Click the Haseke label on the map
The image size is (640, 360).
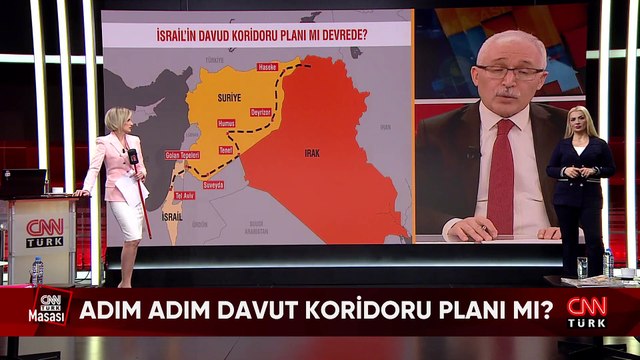pos(267,67)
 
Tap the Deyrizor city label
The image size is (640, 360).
pos(261,112)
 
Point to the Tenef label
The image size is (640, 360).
pos(225,150)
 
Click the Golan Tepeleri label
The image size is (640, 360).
pos(182,155)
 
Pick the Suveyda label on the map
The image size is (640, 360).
pos(214,185)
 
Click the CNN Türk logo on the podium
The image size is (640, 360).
pos(45,233)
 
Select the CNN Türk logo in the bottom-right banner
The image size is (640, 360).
pos(588,310)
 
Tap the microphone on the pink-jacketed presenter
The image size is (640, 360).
pos(132,157)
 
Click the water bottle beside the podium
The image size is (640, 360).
pos(37,270)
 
